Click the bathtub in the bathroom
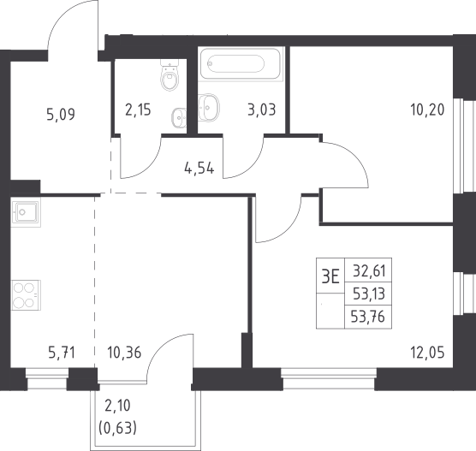click(241, 63)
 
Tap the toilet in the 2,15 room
click(170, 74)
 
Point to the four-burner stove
click(26, 295)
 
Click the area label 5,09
click(61, 115)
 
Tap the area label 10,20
click(427, 110)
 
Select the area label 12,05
click(427, 353)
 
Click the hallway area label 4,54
click(199, 168)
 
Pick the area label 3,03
click(262, 110)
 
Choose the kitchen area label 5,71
click(62, 353)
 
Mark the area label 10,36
click(124, 353)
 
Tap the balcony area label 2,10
click(117, 406)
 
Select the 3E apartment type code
click(330, 276)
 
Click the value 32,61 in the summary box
click(369, 270)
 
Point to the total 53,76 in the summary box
click(368, 317)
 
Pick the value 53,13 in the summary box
click(369, 294)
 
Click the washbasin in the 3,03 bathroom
click(209, 107)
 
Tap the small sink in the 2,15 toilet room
click(179, 117)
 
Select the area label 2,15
click(138, 110)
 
